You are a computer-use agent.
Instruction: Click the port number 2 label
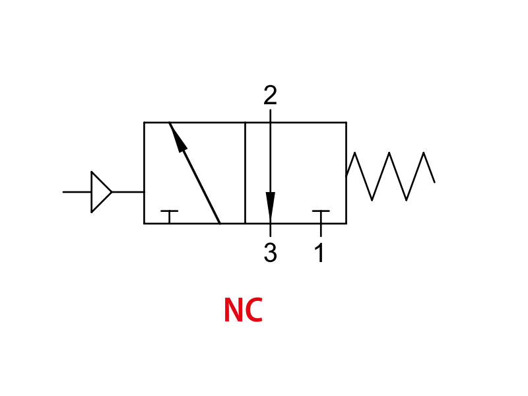coord(270,95)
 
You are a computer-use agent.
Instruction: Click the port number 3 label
coord(271,252)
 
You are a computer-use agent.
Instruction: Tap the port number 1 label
coord(320,252)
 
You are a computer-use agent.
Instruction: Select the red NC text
coord(243,310)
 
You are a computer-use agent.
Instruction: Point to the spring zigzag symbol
coord(391,176)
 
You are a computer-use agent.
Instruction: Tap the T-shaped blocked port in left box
coord(170,216)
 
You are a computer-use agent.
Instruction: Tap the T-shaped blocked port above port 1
coord(321,216)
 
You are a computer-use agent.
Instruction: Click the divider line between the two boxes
coord(245,173)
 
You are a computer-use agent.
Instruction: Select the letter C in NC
coord(254,310)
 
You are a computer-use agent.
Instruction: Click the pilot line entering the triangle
coord(77,192)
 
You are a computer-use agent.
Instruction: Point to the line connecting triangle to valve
coord(128,192)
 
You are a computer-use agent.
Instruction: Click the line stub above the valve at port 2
coord(270,115)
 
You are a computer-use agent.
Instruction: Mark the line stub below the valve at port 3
coord(270,230)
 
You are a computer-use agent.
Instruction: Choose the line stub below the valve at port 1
coord(321,230)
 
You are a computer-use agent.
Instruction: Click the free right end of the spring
coord(435,182)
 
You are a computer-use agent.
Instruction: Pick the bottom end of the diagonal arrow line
coord(220,223)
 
